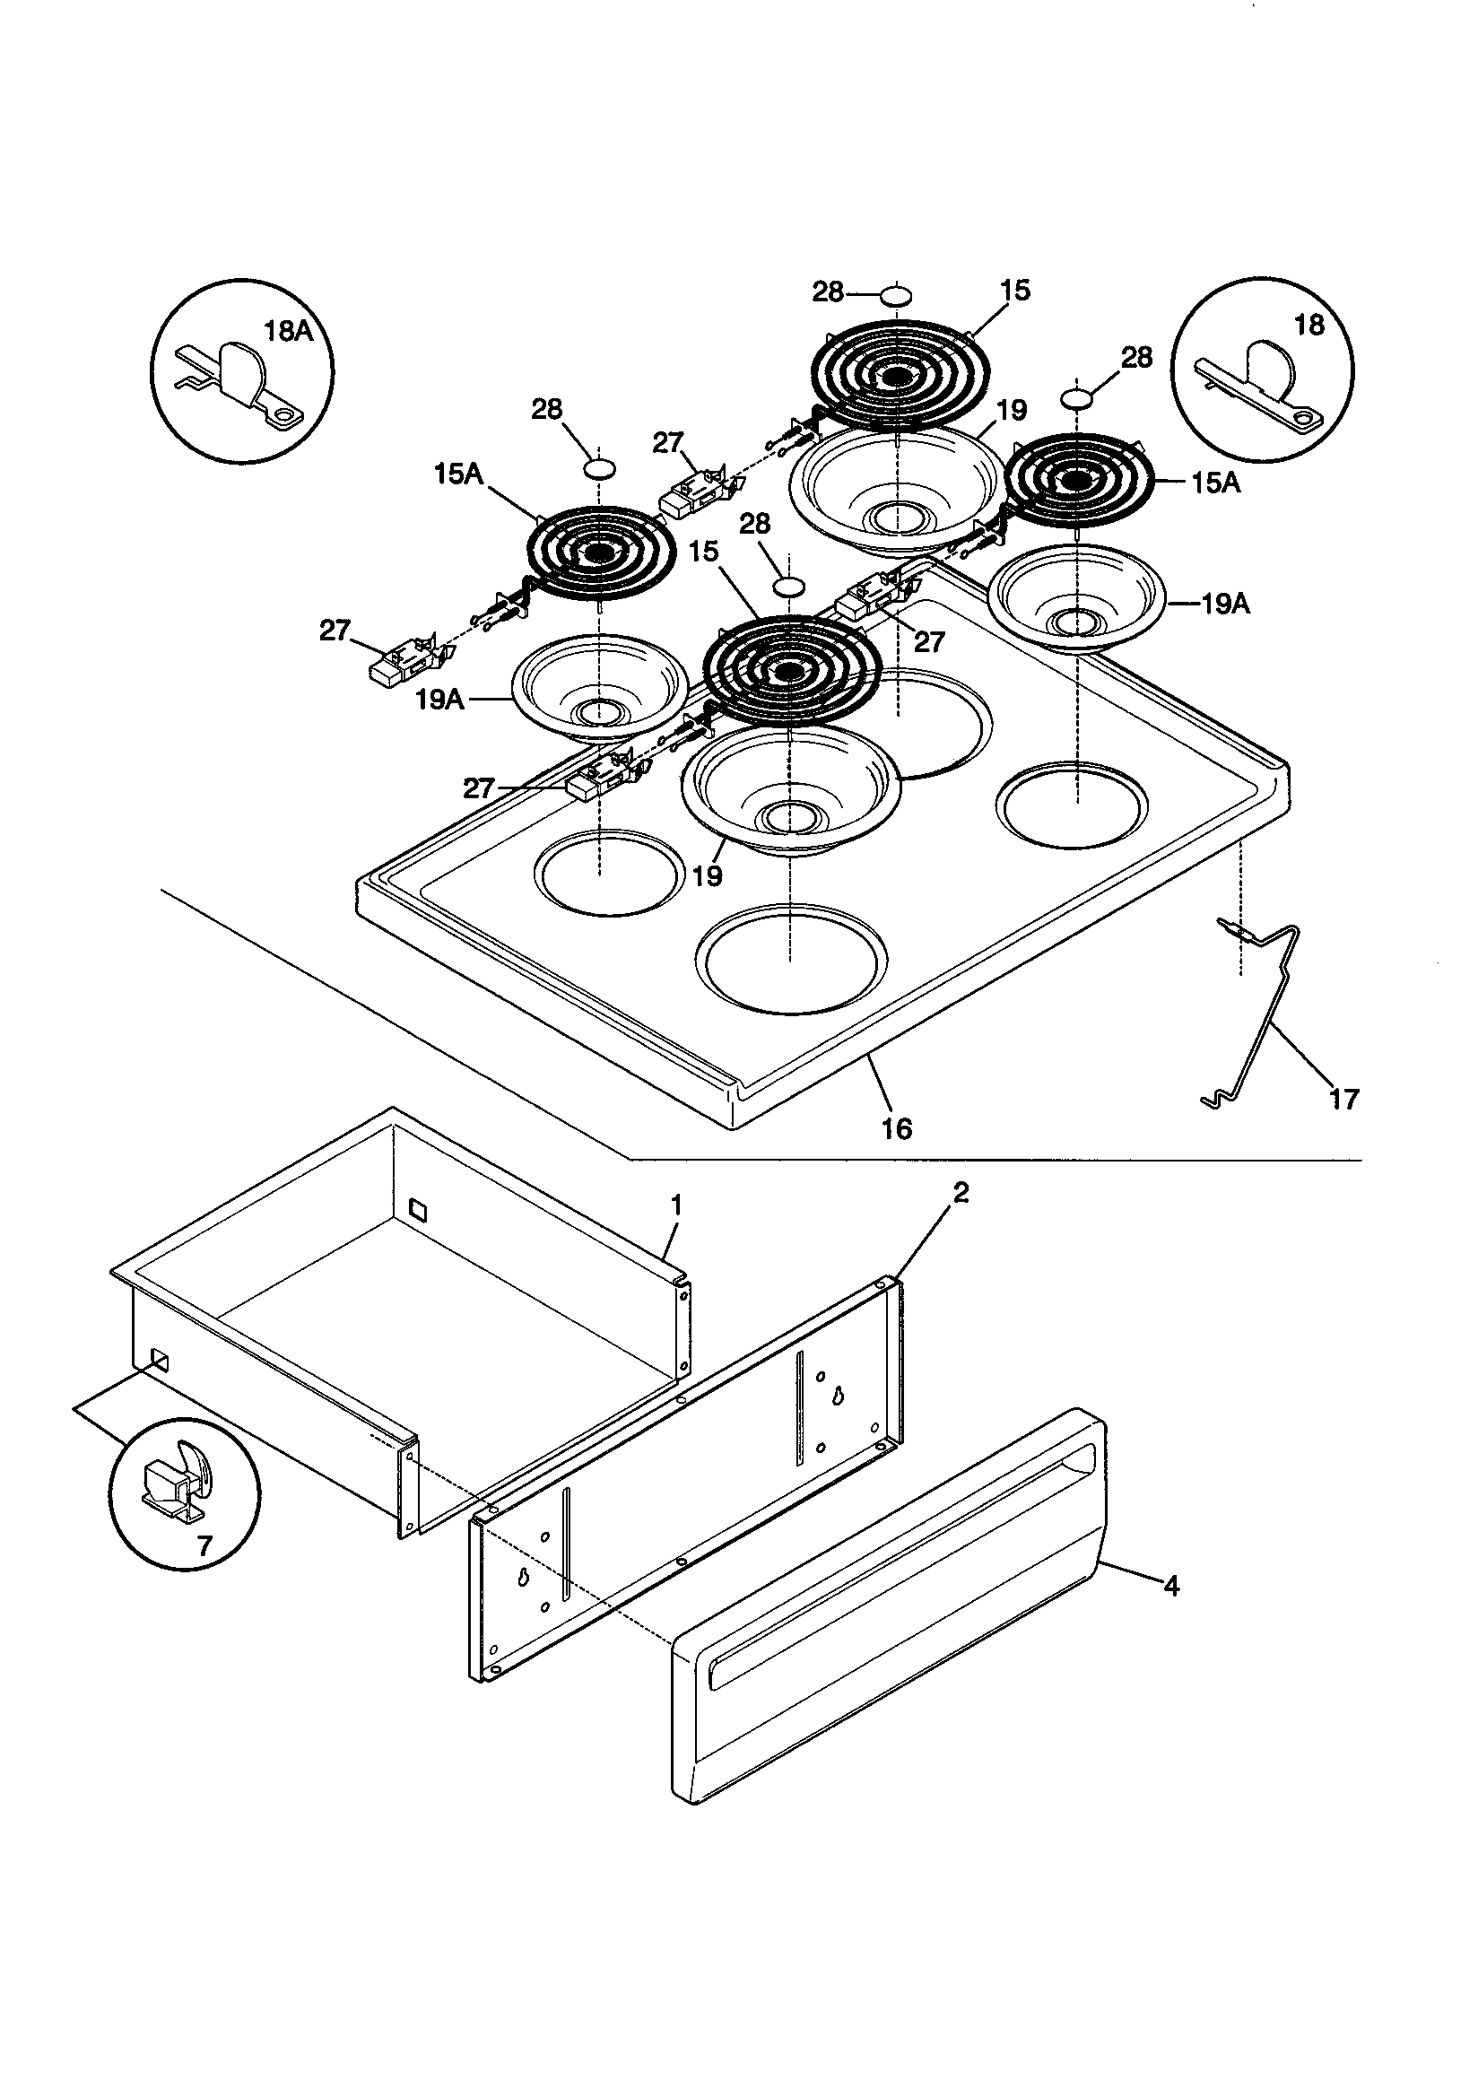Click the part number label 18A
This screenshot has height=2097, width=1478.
[288, 332]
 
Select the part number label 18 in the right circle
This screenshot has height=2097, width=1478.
[1309, 326]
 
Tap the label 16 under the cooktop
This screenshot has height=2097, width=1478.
[896, 1129]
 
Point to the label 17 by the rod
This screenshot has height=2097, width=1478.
[1343, 1099]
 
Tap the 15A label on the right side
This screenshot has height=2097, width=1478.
[1215, 483]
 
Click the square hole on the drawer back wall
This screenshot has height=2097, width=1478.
[417, 1209]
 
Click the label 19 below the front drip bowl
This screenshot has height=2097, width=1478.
[707, 876]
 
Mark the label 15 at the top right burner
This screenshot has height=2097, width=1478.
[1014, 291]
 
